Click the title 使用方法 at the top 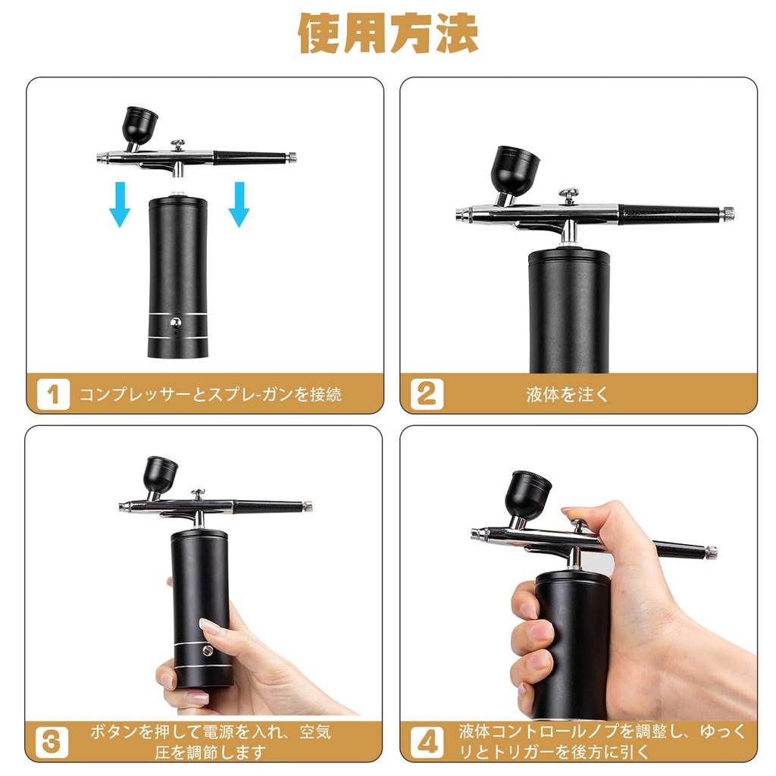point(388,34)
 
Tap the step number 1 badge point(53,395)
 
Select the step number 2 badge point(427,395)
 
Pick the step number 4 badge point(427,742)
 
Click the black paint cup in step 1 point(140,124)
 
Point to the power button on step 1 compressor point(177,321)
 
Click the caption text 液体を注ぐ point(567,395)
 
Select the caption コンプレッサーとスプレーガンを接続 point(211,395)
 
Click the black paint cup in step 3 point(161,475)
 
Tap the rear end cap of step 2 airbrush point(727,214)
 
